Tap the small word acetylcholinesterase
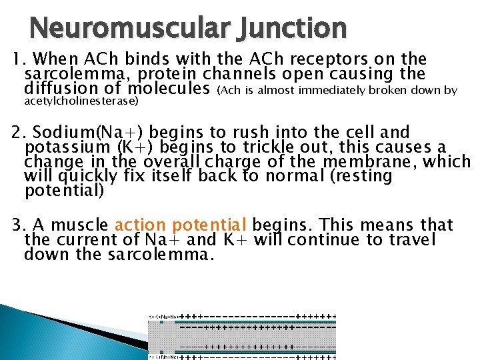click(x=81, y=101)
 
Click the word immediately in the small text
click(x=330, y=90)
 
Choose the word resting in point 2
click(x=365, y=176)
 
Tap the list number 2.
click(x=17, y=133)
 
